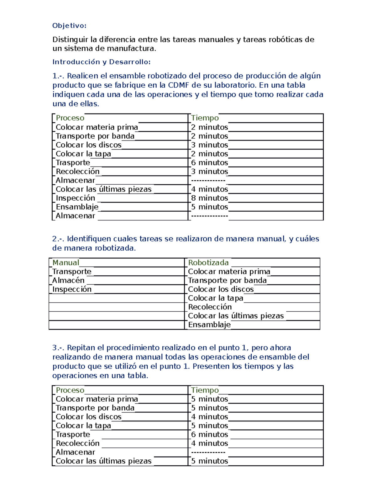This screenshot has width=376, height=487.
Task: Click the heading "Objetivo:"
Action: (x=69, y=26)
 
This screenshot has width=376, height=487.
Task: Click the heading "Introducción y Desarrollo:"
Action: (x=101, y=62)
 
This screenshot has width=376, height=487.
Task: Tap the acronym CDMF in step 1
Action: (x=179, y=85)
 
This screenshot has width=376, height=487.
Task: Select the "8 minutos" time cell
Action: (x=210, y=198)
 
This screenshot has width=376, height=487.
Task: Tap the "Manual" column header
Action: (x=66, y=262)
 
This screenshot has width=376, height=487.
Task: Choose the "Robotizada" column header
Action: (x=208, y=262)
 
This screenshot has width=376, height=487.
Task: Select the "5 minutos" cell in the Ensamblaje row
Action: (x=210, y=207)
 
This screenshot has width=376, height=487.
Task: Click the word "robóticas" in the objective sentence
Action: (x=285, y=40)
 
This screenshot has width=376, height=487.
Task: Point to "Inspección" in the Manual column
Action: (x=72, y=289)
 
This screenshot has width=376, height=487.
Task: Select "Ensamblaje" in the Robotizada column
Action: (x=209, y=325)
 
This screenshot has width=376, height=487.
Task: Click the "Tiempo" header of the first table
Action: (x=205, y=118)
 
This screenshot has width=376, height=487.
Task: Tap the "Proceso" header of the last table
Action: (x=70, y=390)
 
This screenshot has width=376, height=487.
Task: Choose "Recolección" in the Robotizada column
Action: (x=210, y=307)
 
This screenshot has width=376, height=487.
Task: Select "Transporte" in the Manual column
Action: (x=72, y=271)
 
